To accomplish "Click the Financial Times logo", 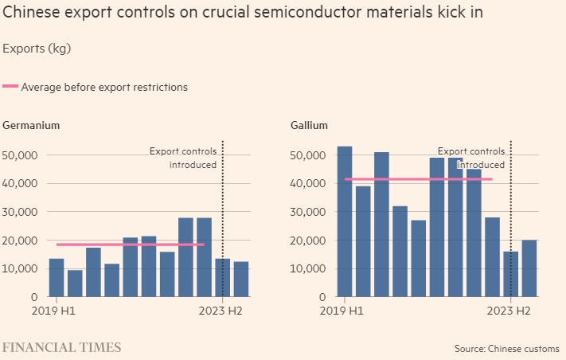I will (x=62, y=347).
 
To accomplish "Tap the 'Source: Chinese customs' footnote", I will (x=506, y=349).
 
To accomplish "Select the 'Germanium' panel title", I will (x=31, y=125).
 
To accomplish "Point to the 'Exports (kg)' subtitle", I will (x=37, y=49).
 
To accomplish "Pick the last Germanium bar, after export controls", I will (x=241, y=279).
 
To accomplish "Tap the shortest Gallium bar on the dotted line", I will (x=510, y=274).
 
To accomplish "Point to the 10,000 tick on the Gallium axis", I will (x=305, y=268).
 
